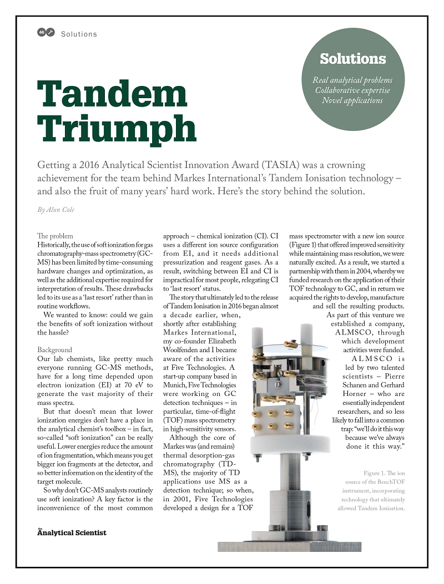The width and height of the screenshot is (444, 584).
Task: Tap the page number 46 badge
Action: (42, 33)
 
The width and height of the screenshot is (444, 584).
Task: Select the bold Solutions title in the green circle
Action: (352, 59)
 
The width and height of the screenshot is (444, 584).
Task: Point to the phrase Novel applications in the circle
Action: (352, 100)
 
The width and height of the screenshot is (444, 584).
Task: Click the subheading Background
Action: (54, 350)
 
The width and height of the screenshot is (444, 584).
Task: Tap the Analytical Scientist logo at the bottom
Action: (72, 532)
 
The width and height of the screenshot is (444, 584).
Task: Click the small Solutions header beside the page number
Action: (79, 34)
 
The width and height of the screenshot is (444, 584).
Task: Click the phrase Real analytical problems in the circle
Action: (352, 80)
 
